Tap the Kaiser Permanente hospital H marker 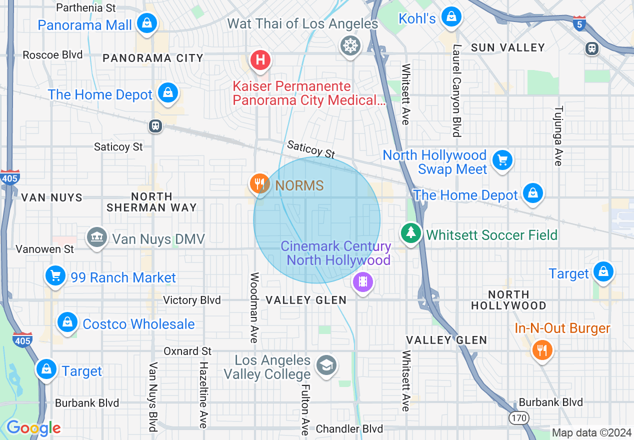(260, 60)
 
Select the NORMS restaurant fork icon (259, 183)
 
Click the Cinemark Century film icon (363, 282)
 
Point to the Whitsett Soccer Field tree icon (411, 232)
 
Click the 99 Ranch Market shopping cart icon (55, 275)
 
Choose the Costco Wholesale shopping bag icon (67, 322)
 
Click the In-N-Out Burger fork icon (542, 349)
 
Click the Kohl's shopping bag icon (451, 17)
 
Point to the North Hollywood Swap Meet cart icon (502, 160)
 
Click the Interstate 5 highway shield (579, 23)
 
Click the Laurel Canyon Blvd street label (456, 90)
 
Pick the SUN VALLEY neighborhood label (508, 47)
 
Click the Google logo (33, 428)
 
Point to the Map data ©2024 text (591, 432)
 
